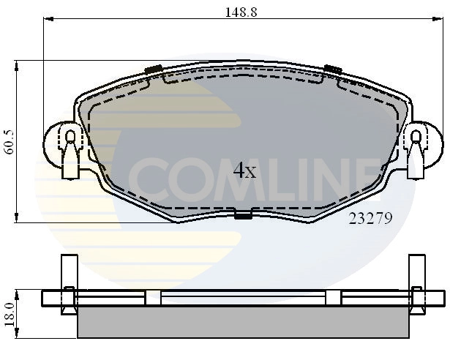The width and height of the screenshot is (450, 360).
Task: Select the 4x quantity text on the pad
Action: (x=244, y=171)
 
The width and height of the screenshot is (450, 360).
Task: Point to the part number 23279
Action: (x=372, y=217)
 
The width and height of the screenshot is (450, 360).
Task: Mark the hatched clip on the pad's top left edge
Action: (x=154, y=69)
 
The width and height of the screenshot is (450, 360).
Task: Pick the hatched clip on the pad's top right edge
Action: (x=333, y=69)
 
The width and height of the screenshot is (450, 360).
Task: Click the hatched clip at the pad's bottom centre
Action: (x=242, y=214)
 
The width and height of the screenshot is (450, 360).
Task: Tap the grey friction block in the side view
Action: (x=242, y=322)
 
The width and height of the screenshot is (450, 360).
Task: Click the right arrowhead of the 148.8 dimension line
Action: (x=438, y=20)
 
